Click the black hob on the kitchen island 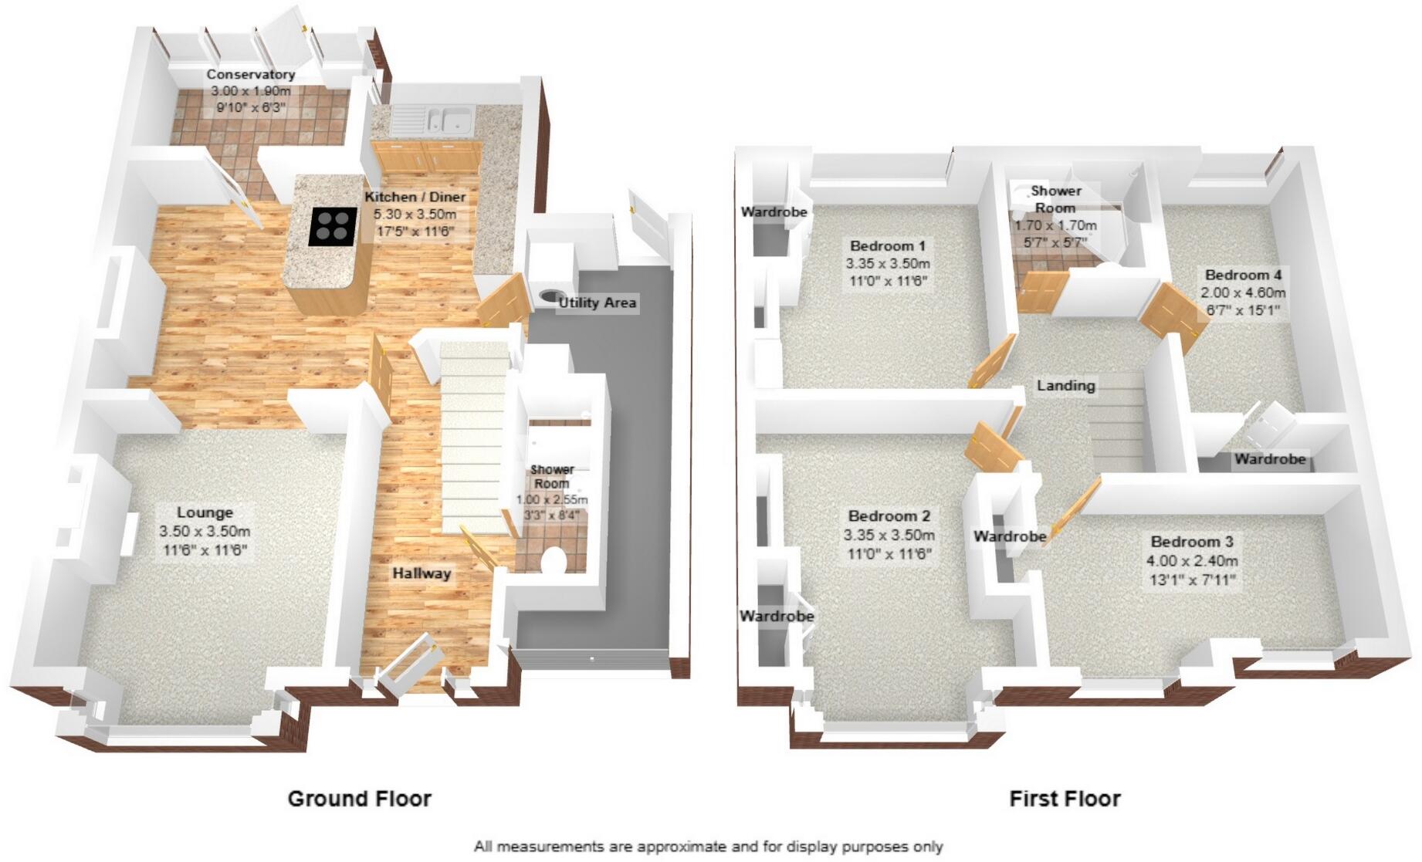(333, 227)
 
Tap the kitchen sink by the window (451, 120)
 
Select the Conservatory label (250, 75)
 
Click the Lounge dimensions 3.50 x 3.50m (205, 532)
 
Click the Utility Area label (598, 303)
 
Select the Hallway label (421, 573)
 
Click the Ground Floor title (359, 799)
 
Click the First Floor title (1065, 799)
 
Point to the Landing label (1065, 385)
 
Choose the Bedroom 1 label (887, 246)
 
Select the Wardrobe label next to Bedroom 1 (774, 211)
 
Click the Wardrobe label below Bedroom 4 (1269, 459)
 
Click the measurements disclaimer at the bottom (708, 847)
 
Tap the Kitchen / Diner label (415, 197)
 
